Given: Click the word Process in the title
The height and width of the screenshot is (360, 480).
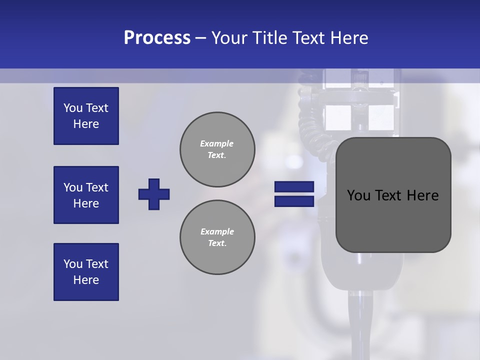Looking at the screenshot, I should pyautogui.click(x=157, y=38).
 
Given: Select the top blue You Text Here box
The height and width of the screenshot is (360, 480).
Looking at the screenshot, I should pyautogui.click(x=86, y=116).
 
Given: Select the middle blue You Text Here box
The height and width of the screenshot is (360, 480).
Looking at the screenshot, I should pyautogui.click(x=86, y=195).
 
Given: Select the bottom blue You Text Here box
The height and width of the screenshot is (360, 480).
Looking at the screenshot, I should pyautogui.click(x=86, y=272).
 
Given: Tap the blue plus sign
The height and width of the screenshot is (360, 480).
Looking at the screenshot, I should pyautogui.click(x=154, y=194).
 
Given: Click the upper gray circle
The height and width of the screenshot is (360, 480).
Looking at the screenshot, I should pyautogui.click(x=217, y=149).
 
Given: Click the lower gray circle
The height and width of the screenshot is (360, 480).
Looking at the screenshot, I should pyautogui.click(x=217, y=237).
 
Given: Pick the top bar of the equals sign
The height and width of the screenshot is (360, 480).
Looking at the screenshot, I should pyautogui.click(x=294, y=186).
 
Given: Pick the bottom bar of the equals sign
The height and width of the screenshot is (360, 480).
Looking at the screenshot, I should pyautogui.click(x=294, y=201).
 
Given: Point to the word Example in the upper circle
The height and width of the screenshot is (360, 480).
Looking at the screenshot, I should pyautogui.click(x=216, y=143).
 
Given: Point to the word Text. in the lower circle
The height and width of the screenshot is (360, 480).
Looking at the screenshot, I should pyautogui.click(x=217, y=243).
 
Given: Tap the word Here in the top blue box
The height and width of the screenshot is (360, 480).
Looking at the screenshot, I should pyautogui.click(x=86, y=124).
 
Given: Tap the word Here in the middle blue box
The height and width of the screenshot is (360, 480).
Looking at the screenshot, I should pyautogui.click(x=86, y=203).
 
